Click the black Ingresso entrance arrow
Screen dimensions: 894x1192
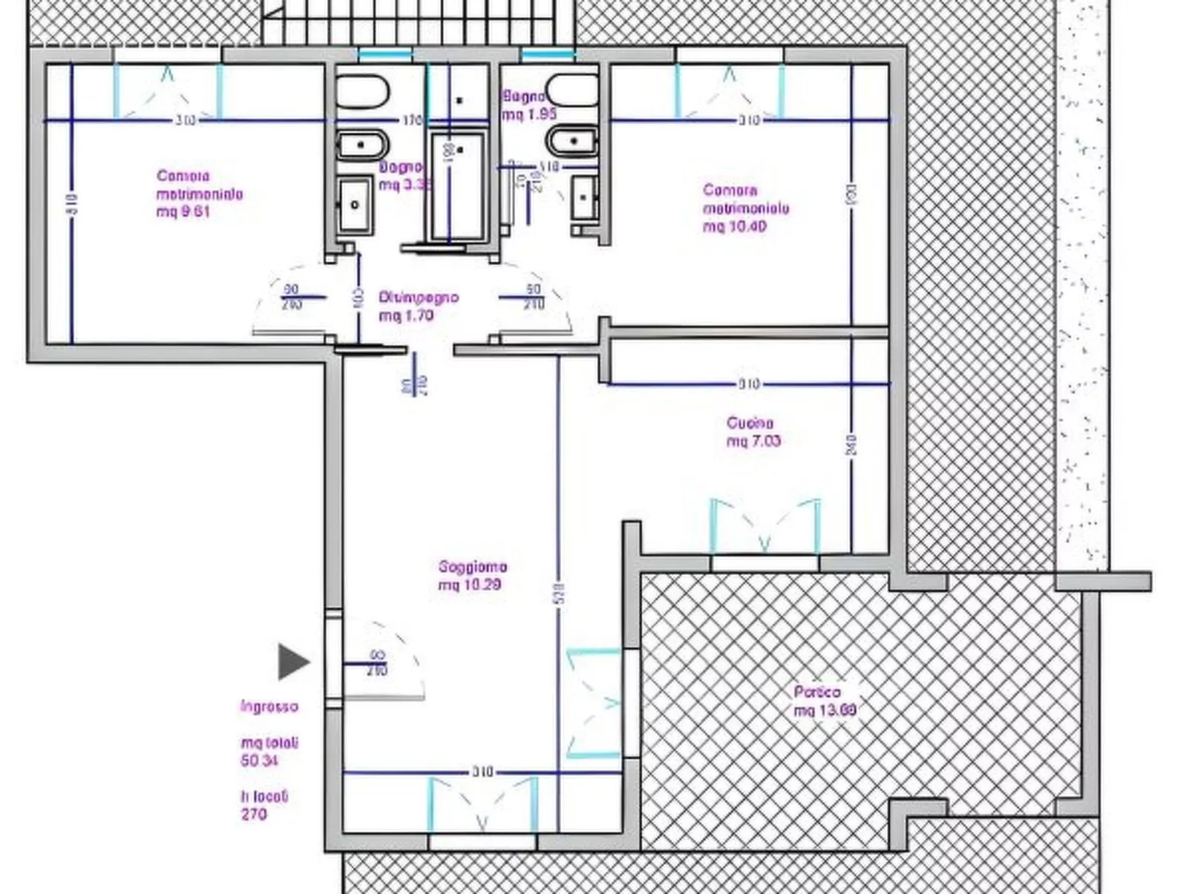point(292,661)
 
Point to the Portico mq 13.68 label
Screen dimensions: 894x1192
point(825,700)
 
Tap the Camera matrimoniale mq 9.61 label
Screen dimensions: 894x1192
point(199,194)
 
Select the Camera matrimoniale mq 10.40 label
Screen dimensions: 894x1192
point(745,208)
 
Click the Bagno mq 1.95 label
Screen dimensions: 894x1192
point(528,105)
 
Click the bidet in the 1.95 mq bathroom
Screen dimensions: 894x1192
point(572,141)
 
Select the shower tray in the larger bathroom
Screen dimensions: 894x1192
point(458,185)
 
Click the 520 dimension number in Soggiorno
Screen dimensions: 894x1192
point(560,593)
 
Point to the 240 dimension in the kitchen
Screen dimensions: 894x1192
point(851,445)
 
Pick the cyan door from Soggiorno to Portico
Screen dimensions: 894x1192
point(594,703)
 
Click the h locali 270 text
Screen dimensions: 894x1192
point(263,805)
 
